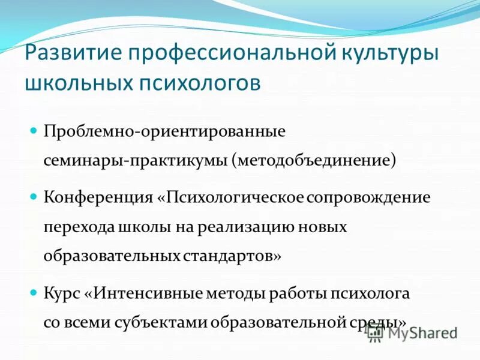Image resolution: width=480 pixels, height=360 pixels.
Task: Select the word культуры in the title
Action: point(391,53)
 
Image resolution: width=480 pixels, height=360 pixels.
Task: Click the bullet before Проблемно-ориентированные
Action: point(34,130)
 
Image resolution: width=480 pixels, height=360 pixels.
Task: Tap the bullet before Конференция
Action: point(34,197)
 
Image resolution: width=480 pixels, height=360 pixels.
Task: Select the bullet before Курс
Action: point(34,293)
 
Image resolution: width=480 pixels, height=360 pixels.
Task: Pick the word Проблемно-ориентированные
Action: point(164,131)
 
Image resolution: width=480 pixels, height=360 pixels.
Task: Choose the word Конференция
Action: point(98,197)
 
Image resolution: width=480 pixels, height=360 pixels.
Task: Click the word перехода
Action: point(75,227)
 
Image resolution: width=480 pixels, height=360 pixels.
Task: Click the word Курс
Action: point(63,294)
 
